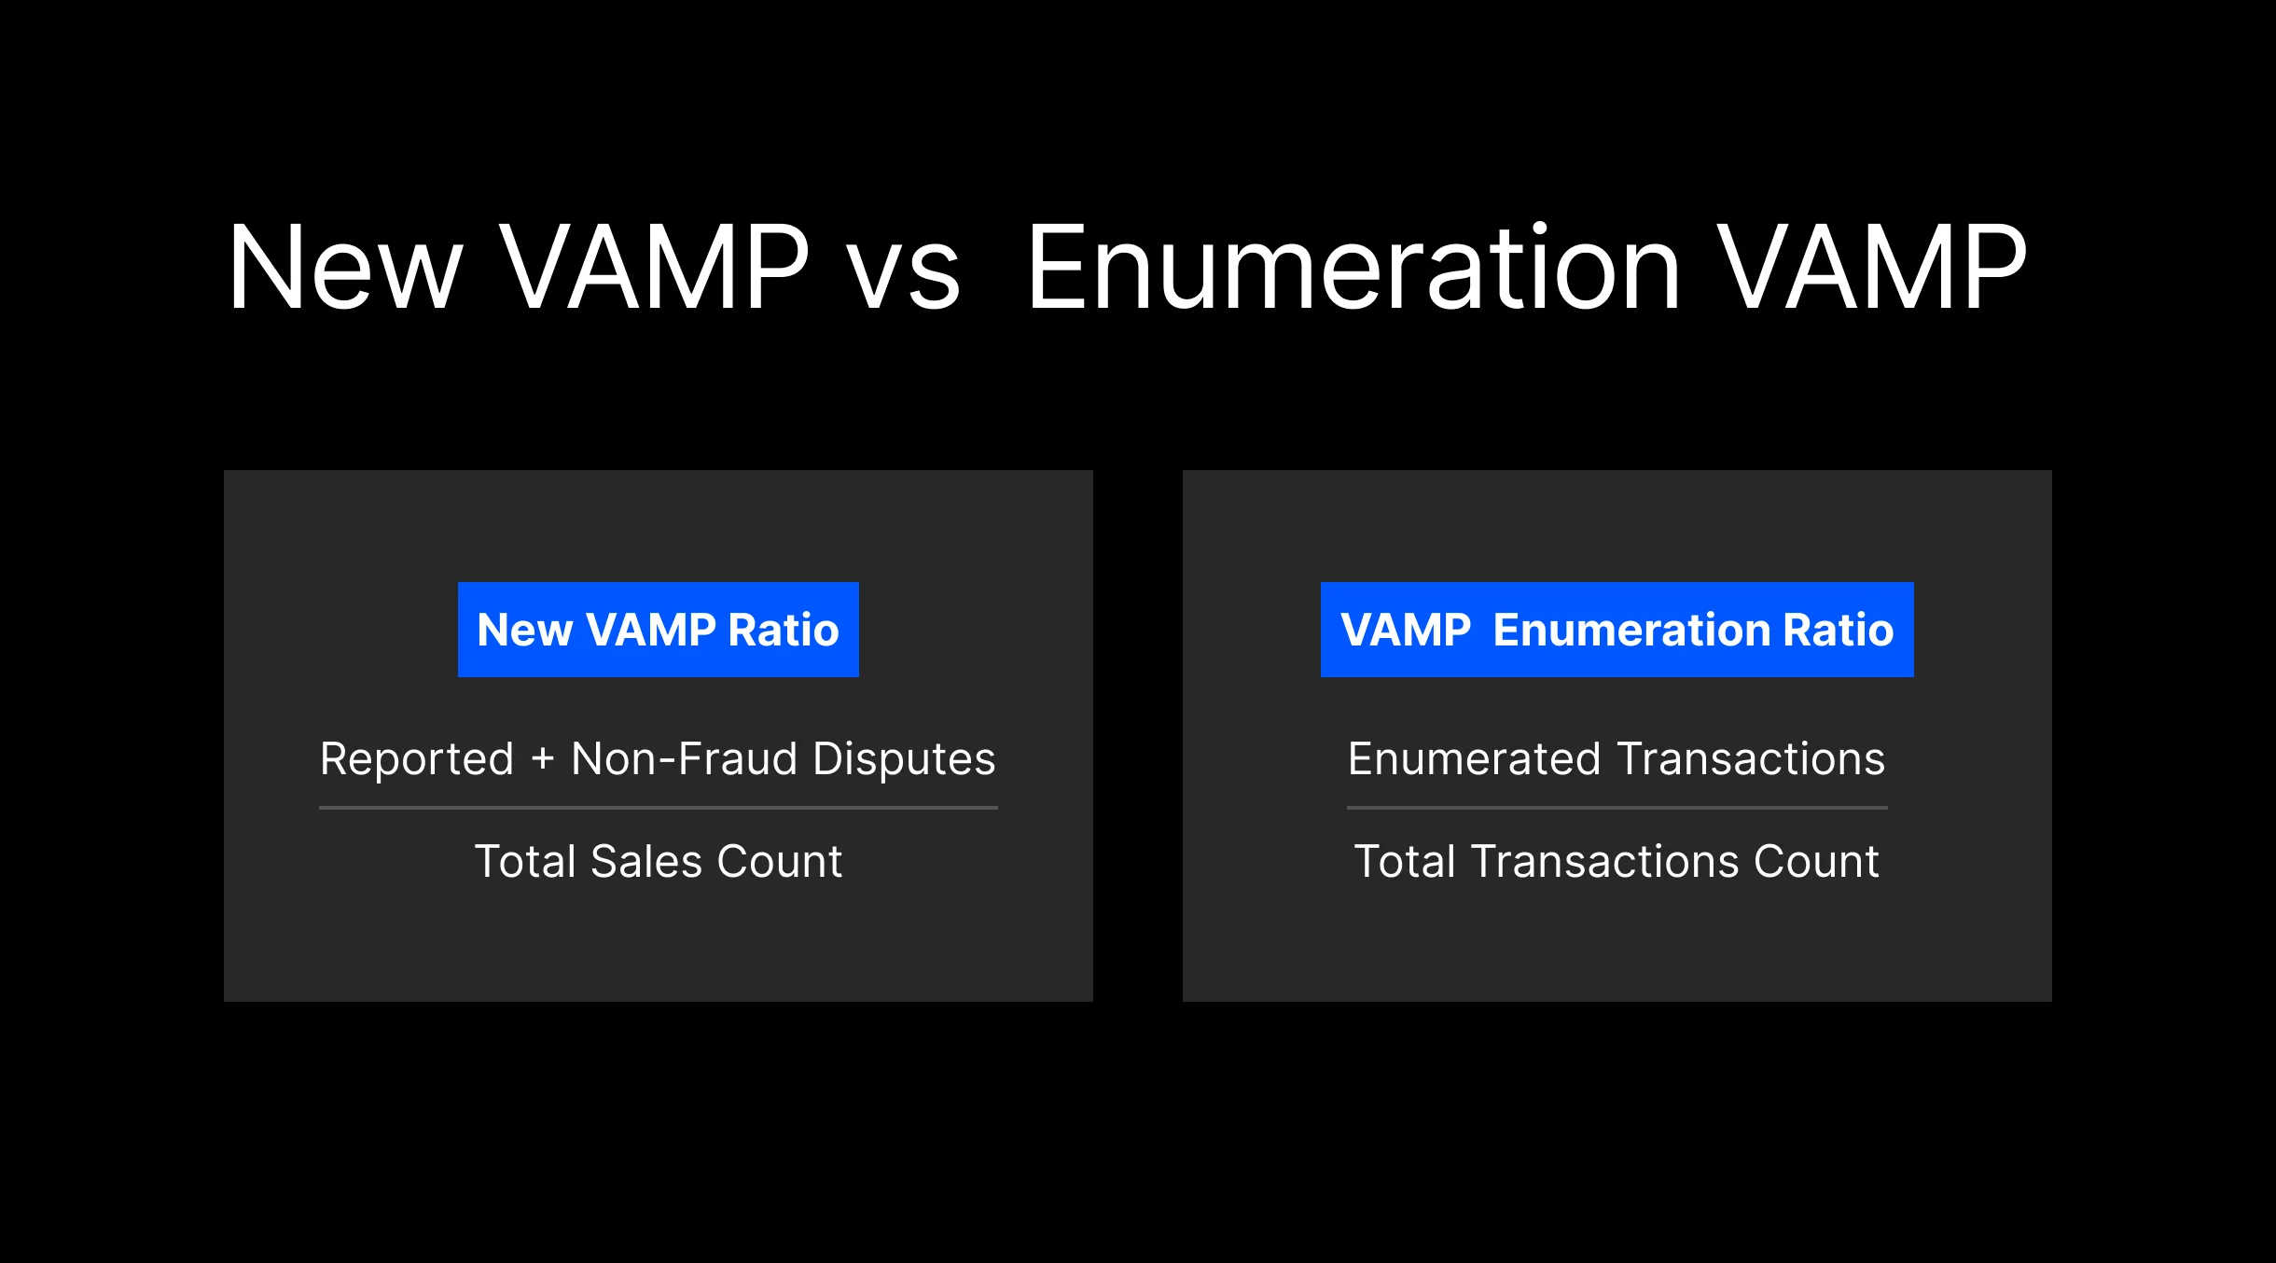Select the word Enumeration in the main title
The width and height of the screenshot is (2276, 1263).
click(1353, 269)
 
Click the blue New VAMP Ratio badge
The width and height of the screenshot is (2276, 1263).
click(658, 630)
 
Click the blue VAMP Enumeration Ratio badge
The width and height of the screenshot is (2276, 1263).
click(1617, 630)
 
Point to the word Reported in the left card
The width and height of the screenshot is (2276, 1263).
click(417, 758)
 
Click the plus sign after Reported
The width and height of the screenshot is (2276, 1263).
click(543, 759)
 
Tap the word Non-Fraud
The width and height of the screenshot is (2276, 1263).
click(682, 758)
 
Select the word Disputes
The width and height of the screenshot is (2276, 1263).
click(904, 758)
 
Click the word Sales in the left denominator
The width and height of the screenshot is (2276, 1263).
click(645, 861)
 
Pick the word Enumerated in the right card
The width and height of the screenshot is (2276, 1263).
click(1474, 758)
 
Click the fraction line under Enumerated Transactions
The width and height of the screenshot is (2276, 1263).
click(1617, 807)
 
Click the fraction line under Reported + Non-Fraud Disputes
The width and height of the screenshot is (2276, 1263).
click(658, 807)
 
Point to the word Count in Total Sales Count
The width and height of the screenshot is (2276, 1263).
click(779, 861)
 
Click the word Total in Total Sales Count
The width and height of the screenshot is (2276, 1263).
click(525, 861)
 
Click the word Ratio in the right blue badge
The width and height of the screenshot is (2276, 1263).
click(1838, 630)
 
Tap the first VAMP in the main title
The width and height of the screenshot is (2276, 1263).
click(655, 269)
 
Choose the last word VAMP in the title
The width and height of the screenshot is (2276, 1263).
click(1872, 269)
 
